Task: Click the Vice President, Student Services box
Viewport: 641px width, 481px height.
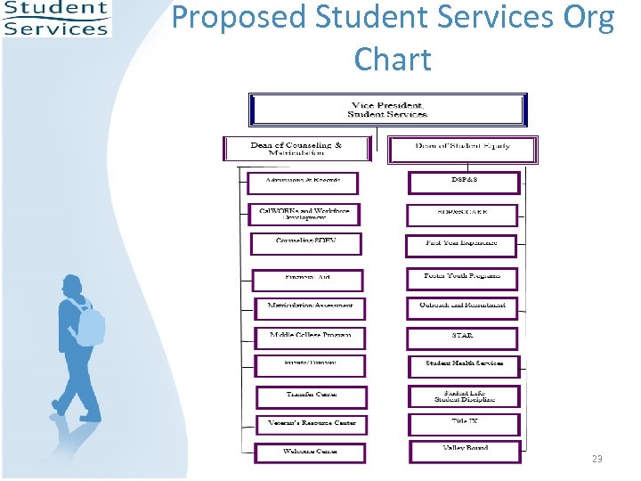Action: pos(387,110)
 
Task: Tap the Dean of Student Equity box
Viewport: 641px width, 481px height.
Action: pos(462,149)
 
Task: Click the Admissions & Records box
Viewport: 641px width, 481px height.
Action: pos(303,183)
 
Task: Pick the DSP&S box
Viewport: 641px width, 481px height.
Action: pos(464,183)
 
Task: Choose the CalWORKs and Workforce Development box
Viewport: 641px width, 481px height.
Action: pos(304,215)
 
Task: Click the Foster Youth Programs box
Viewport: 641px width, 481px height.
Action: pos(463,278)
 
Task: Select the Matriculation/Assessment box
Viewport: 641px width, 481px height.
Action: pos(309,307)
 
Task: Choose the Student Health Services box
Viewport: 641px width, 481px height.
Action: pos(464,365)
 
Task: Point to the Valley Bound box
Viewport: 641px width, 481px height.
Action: pos(465,451)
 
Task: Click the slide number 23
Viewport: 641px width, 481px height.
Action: pos(596,459)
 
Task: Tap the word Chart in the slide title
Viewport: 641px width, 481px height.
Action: pos(392,60)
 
